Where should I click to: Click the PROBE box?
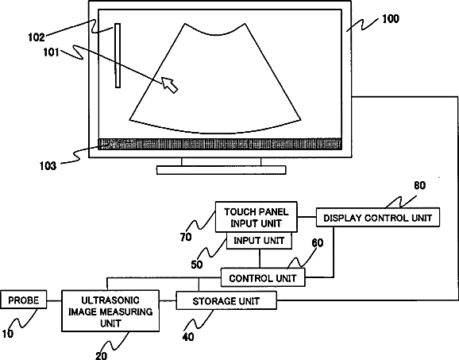pyautogui.click(x=23, y=300)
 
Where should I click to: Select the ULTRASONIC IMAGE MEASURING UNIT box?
pyautogui.click(x=110, y=311)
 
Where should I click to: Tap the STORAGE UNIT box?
pyautogui.click(x=226, y=300)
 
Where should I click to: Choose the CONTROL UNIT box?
pyautogui.click(x=263, y=277)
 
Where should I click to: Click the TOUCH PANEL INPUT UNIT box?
pyautogui.click(x=256, y=217)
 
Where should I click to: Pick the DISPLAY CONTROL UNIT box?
pyautogui.click(x=378, y=217)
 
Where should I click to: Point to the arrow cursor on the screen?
pyautogui.click(x=170, y=85)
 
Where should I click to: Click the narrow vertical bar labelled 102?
pyautogui.click(x=118, y=56)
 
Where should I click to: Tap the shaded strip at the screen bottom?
pyautogui.click(x=219, y=144)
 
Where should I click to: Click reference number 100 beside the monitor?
pyautogui.click(x=391, y=19)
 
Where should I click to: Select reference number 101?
pyautogui.click(x=52, y=52)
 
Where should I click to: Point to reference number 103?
pyautogui.click(x=48, y=166)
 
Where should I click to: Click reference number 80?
pyautogui.click(x=420, y=185)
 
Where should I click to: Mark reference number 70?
pyautogui.click(x=186, y=237)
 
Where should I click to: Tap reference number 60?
pyautogui.click(x=318, y=242)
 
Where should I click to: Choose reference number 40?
pyautogui.click(x=188, y=337)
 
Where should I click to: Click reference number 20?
pyautogui.click(x=102, y=355)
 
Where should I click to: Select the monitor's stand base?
pyautogui.click(x=222, y=170)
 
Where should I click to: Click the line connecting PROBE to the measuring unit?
pyautogui.click(x=54, y=300)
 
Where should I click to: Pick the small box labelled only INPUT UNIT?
pyautogui.click(x=259, y=241)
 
